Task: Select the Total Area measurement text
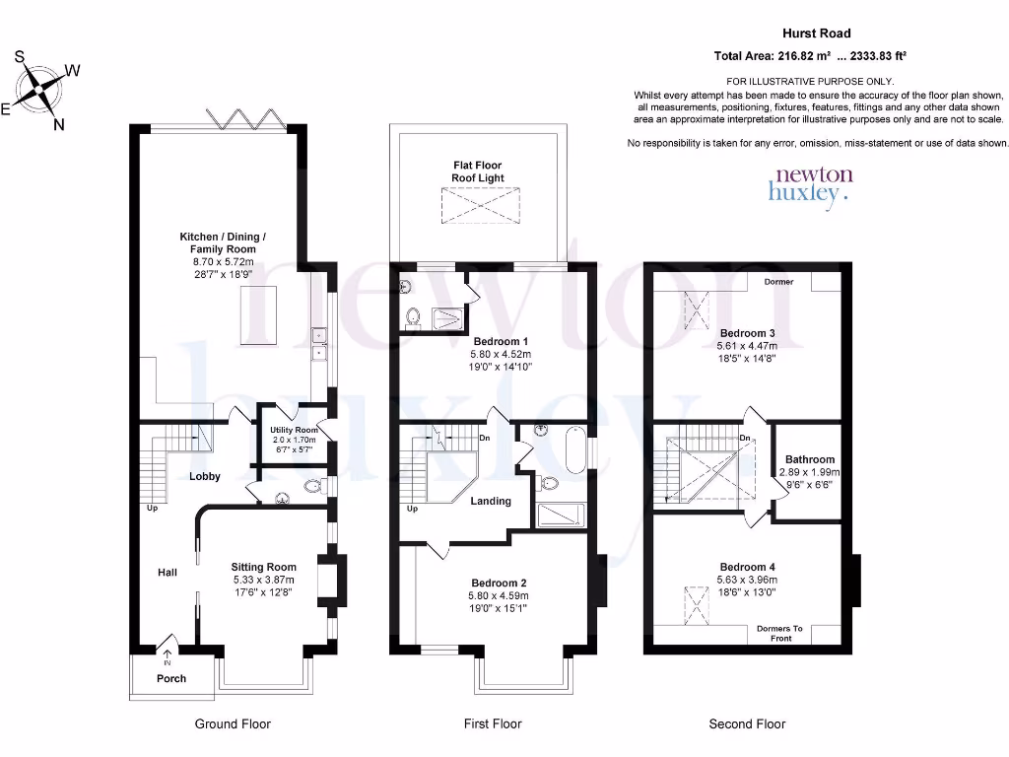tap(810, 56)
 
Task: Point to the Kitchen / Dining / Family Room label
tap(222, 242)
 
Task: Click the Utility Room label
tap(294, 430)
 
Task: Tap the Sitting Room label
tap(263, 567)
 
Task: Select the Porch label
tap(171, 678)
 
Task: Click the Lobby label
tap(204, 476)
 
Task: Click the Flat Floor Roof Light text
tap(477, 172)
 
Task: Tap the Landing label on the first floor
tap(491, 501)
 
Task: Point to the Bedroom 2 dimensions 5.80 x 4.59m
tap(498, 595)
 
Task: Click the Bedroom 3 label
tap(746, 333)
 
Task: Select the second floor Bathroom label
tap(810, 459)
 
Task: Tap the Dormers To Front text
tap(779, 633)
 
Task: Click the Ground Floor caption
tap(233, 723)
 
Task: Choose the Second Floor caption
tap(747, 723)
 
